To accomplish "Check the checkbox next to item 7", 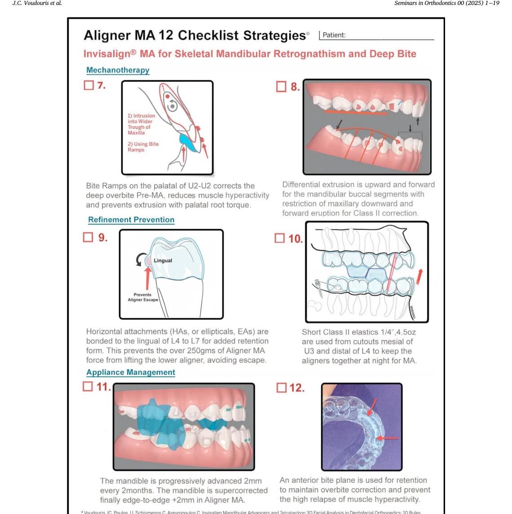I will tap(89, 85).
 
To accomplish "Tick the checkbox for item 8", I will tap(281, 87).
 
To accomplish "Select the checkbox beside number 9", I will tap(88, 237).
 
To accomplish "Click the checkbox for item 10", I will tap(280, 238).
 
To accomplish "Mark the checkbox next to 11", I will tap(88, 386).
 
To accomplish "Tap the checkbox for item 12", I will tap(282, 387).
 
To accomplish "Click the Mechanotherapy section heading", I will tap(118, 70).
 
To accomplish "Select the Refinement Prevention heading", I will tap(131, 220).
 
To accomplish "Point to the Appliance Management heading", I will tap(131, 372).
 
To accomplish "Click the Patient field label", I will tap(334, 35).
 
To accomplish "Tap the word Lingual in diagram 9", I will tap(163, 260).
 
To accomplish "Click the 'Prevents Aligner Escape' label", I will tap(143, 297).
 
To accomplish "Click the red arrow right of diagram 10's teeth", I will tap(419, 277).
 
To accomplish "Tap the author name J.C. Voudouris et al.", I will tap(37, 3).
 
